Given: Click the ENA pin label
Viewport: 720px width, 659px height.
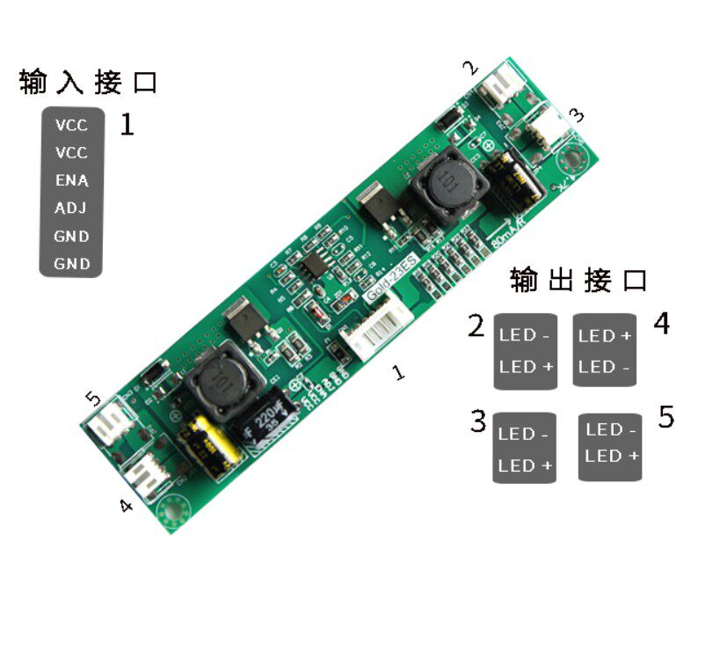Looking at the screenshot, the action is [x=71, y=180].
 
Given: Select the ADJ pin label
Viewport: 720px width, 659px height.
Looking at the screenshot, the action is [x=71, y=209].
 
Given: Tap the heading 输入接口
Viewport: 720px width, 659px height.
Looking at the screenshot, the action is [x=89, y=84].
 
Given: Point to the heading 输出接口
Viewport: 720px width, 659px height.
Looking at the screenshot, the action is [x=578, y=281].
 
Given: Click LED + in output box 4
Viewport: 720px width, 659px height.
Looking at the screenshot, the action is [x=605, y=335].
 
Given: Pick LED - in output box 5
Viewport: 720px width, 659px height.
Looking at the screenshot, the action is [x=611, y=429].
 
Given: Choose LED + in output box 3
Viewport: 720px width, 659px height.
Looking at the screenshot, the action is [x=526, y=465].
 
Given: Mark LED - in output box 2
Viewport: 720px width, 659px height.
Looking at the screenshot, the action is [x=524, y=334].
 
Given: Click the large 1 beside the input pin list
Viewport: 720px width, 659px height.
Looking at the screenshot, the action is [x=127, y=124].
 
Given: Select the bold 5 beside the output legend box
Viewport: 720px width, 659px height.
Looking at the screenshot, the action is [x=666, y=417].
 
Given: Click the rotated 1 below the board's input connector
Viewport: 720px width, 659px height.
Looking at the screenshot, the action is [x=399, y=373].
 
